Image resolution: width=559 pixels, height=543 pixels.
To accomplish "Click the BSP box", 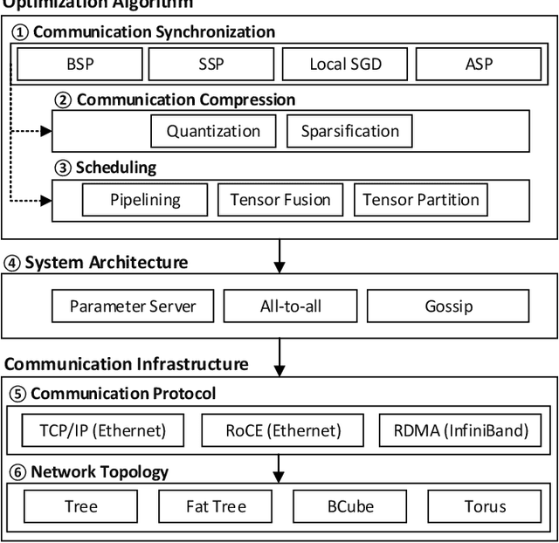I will click(x=79, y=65).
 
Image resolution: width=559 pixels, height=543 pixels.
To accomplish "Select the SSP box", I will click(x=210, y=65).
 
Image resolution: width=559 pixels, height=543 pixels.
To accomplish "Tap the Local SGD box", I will click(x=345, y=65).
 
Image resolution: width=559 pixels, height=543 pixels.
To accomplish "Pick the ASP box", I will click(x=480, y=65).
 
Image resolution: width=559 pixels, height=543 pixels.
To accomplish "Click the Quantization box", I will click(x=213, y=132).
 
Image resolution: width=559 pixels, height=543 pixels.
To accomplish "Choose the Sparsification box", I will click(x=349, y=132).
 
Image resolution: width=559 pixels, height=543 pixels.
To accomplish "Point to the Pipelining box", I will click(x=145, y=200).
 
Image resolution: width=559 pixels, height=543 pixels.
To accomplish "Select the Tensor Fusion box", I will click(x=280, y=200).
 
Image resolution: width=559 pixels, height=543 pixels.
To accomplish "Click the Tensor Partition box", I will click(x=421, y=200).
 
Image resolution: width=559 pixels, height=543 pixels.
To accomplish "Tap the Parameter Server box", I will click(x=133, y=306).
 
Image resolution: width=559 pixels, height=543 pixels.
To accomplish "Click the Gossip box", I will click(x=447, y=306).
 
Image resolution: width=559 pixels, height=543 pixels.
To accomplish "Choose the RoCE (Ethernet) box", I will click(x=284, y=430).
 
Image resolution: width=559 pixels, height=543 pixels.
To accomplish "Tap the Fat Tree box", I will click(x=216, y=506).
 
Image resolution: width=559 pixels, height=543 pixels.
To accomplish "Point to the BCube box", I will click(x=349, y=506).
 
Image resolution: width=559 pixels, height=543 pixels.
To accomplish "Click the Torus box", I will click(x=485, y=506).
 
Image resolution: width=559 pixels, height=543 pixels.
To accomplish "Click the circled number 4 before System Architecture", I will click(x=12, y=263).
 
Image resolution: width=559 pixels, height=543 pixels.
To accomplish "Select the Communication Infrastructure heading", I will click(x=127, y=364).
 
